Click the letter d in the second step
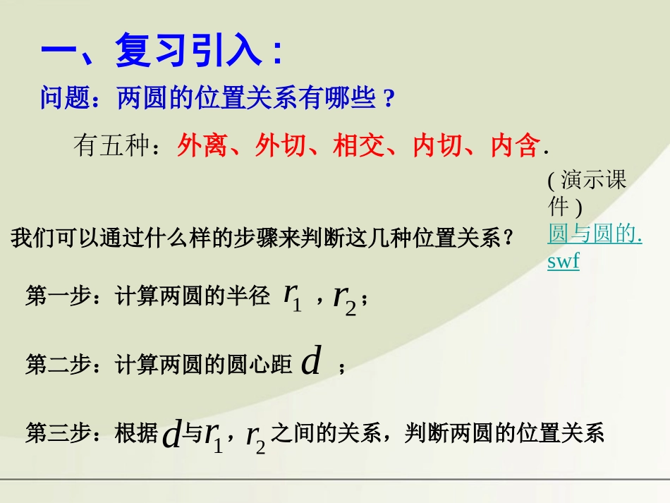[311, 362]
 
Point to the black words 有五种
[111, 145]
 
